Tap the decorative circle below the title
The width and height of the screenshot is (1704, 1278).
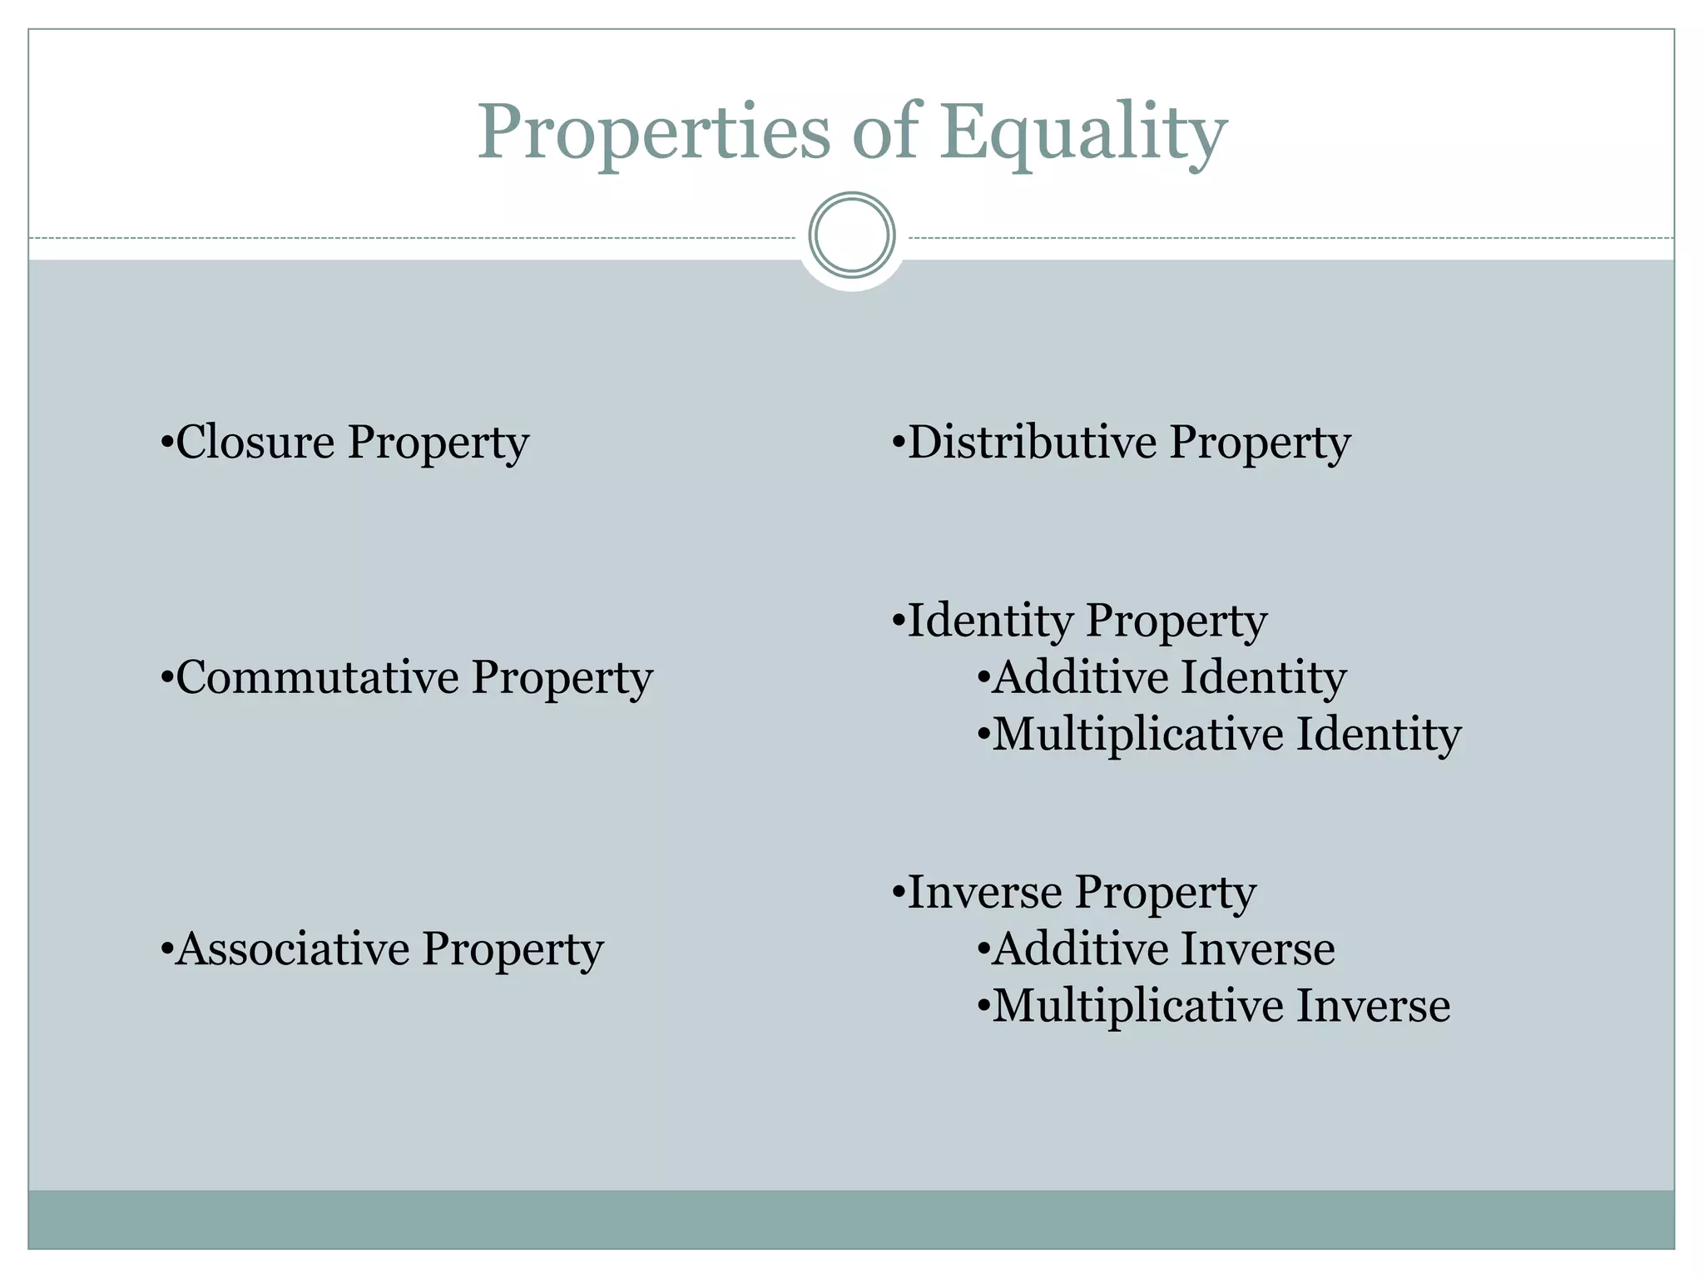(x=851, y=235)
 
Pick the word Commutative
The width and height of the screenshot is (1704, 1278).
(x=317, y=676)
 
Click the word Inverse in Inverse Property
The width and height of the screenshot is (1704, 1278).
(x=984, y=892)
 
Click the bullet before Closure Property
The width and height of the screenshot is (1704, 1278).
(x=166, y=443)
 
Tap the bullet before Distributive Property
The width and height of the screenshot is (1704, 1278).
(x=897, y=443)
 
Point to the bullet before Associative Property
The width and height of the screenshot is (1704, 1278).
(x=166, y=950)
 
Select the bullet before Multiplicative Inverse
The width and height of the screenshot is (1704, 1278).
(x=983, y=1007)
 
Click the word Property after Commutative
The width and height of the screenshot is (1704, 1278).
(x=562, y=678)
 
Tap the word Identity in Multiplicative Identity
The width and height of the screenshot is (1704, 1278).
(x=1378, y=734)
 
